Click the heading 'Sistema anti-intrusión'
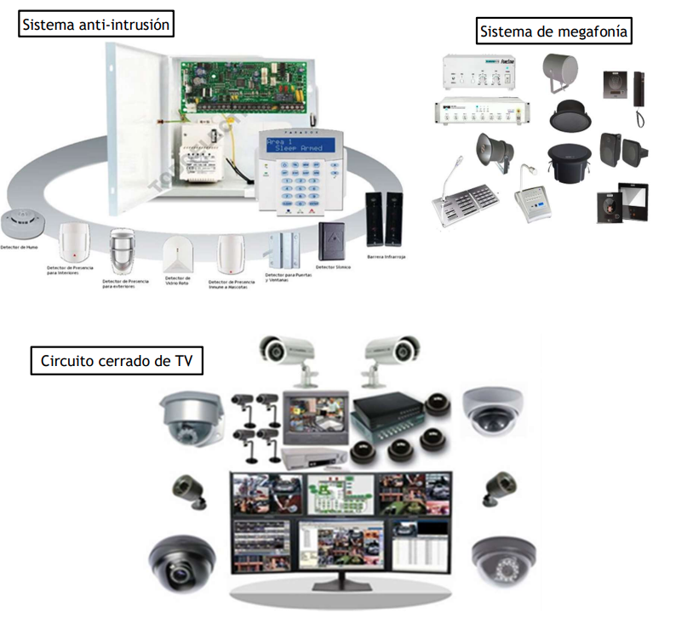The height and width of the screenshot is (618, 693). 96,26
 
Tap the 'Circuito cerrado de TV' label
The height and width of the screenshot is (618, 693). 117,361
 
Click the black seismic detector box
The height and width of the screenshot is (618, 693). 331,241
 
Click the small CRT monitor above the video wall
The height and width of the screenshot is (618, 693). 316,416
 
